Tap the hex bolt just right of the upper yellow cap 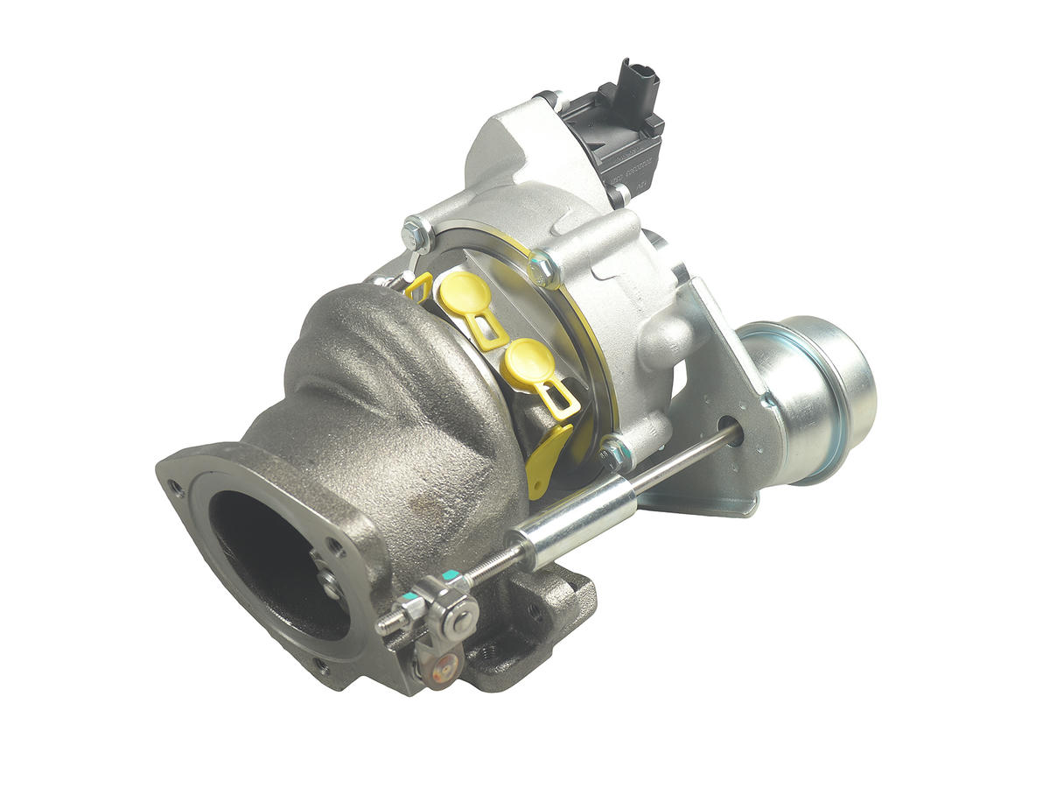click(x=542, y=268)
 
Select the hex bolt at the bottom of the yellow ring click(x=615, y=453)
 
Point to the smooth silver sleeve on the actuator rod click(x=573, y=523)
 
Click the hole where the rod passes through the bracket click(x=731, y=431)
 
